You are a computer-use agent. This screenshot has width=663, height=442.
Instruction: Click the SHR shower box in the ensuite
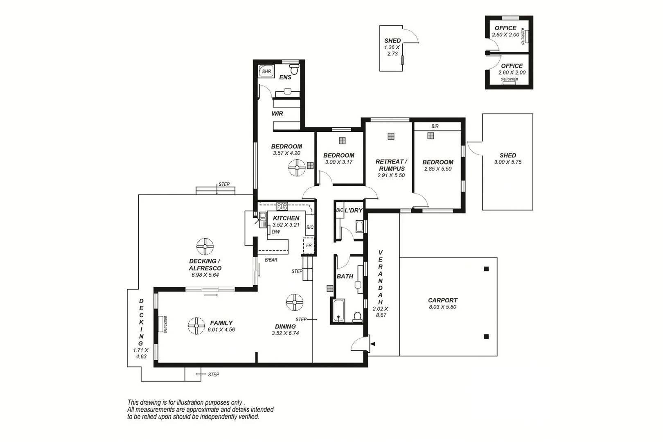266,72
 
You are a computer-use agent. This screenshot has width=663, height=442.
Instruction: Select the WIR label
277,114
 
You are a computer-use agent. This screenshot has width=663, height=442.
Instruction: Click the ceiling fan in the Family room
196,326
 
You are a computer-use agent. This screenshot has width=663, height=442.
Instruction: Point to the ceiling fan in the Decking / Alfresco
205,246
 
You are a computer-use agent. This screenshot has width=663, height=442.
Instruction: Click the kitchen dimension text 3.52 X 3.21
286,225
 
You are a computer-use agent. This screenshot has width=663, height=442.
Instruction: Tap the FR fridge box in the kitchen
309,246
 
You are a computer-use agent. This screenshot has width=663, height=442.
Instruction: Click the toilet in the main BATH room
357,316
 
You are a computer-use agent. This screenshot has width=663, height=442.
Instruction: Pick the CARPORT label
442,300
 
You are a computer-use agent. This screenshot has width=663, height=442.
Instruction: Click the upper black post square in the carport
486,269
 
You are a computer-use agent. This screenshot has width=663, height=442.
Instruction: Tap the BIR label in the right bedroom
435,126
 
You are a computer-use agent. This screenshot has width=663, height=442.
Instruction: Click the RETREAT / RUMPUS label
391,165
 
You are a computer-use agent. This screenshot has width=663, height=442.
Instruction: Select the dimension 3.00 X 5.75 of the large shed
507,162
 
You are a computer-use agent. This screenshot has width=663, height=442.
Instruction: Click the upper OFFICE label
505,28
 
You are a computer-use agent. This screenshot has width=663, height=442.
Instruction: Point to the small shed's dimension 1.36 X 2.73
392,50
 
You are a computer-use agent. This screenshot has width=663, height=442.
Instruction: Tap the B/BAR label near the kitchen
271,260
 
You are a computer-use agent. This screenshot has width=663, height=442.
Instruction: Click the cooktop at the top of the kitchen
282,206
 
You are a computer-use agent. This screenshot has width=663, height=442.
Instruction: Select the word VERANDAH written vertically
380,277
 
